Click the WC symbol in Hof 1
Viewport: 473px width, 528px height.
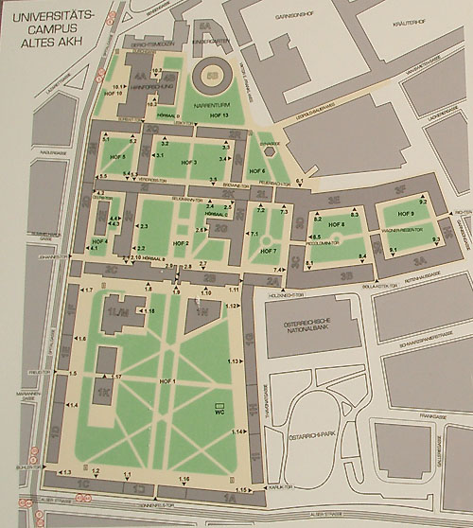219,410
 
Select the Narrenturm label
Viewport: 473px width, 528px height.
213,105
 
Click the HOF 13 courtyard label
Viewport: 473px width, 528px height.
219,114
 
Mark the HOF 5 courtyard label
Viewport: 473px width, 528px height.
118,154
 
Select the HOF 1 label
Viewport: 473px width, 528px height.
168,379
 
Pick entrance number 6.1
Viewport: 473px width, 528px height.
299,180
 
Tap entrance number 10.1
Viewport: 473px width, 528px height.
119,86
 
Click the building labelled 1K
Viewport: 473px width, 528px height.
102,389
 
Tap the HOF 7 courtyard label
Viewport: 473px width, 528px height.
268,251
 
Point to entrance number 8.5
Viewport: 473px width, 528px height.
315,236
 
